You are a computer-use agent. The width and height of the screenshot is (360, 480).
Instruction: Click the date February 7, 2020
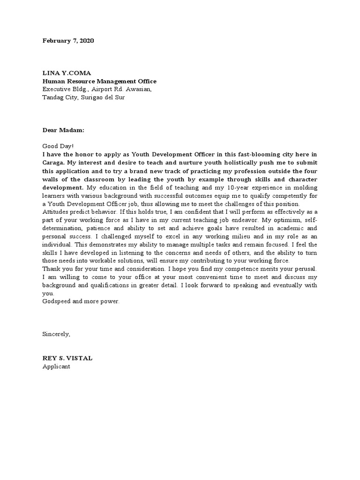coord(68,41)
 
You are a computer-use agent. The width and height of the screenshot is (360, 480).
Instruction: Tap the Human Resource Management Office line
coord(99,81)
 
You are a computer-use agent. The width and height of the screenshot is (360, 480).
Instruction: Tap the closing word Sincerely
coord(56,334)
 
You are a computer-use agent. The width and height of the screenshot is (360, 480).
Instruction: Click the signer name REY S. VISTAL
coord(67,359)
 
